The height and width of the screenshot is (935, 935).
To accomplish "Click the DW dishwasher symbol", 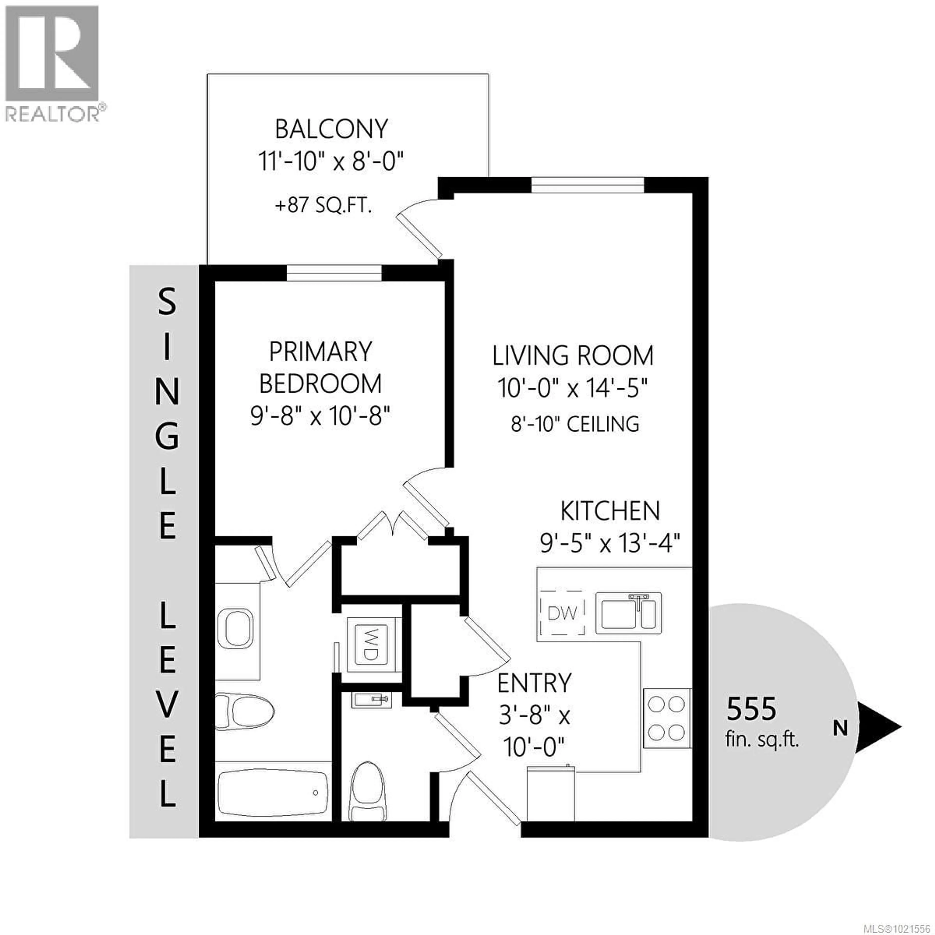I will (562, 614).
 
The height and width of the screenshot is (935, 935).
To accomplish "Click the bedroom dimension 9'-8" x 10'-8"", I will (320, 415).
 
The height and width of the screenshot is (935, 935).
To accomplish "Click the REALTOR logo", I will (52, 63).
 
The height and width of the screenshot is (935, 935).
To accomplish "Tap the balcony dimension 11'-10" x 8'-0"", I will (331, 161).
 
